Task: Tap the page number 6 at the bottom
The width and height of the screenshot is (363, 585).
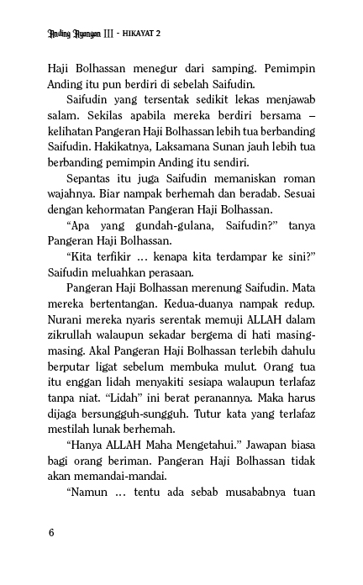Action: click(52, 532)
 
